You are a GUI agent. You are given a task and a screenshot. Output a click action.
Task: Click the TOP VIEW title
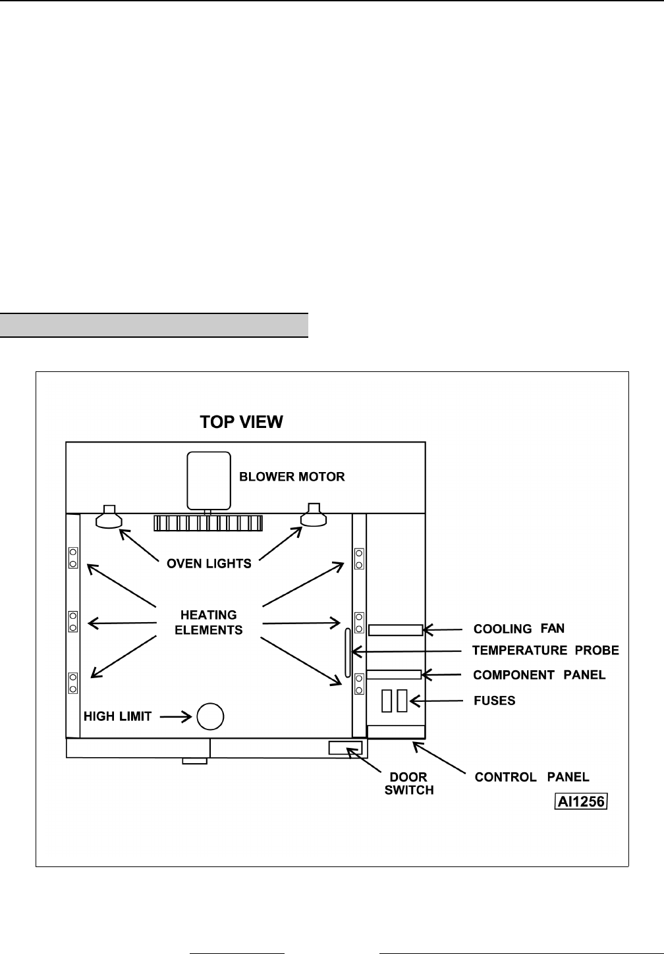(242, 422)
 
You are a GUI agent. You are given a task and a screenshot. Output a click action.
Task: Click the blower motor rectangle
(209, 479)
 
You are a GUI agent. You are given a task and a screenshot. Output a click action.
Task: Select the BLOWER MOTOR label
(292, 476)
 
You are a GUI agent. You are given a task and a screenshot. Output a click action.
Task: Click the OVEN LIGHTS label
(209, 564)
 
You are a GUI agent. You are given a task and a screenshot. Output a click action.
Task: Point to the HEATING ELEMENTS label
(209, 622)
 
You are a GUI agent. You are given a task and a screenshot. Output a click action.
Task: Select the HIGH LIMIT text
(118, 716)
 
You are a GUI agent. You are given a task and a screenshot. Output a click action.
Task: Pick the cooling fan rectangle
(395, 630)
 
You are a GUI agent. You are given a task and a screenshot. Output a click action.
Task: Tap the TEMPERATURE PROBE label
(546, 651)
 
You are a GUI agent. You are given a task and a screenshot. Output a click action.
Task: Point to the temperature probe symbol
(347, 652)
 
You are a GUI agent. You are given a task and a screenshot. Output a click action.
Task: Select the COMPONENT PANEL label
(539, 675)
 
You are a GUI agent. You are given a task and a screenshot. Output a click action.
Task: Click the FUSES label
(495, 701)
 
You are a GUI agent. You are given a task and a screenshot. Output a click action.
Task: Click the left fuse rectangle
(387, 701)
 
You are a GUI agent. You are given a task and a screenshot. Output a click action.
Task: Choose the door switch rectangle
(345, 747)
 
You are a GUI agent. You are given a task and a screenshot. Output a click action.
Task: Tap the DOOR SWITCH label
(409, 783)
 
